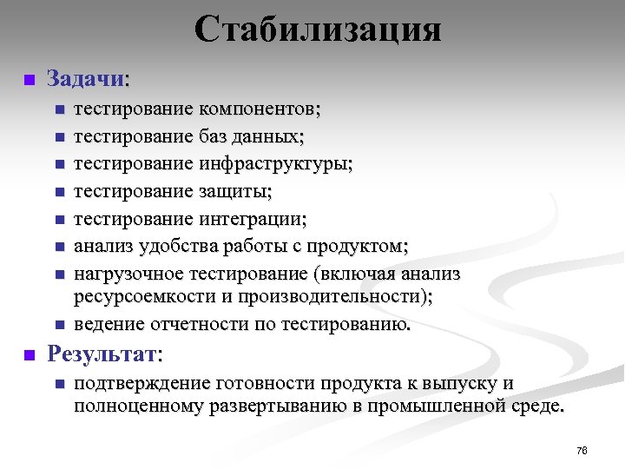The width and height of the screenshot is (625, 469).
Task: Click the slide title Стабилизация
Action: click(x=318, y=30)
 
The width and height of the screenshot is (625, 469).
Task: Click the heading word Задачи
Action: click(x=86, y=79)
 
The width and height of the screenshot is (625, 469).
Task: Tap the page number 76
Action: click(x=582, y=450)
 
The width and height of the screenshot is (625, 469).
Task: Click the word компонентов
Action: click(x=259, y=109)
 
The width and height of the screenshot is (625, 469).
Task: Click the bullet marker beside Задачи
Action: click(x=28, y=80)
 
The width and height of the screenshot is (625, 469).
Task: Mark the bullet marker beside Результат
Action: click(x=28, y=354)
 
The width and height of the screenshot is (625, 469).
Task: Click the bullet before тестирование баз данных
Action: click(x=58, y=137)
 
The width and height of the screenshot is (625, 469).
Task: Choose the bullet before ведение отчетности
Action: click(x=58, y=326)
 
